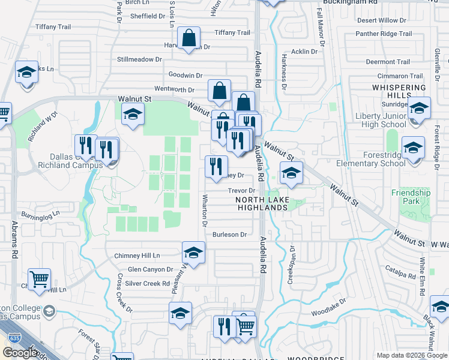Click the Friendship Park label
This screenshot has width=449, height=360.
(x=411, y=197)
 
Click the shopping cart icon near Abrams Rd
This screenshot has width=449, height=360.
(x=39, y=280)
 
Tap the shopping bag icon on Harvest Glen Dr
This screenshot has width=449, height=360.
(x=189, y=39)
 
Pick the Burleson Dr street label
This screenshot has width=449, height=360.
(x=230, y=235)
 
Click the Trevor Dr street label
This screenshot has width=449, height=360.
(x=242, y=191)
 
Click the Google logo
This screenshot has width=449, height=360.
(x=20, y=353)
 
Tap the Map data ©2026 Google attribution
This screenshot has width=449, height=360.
(x=412, y=355)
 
